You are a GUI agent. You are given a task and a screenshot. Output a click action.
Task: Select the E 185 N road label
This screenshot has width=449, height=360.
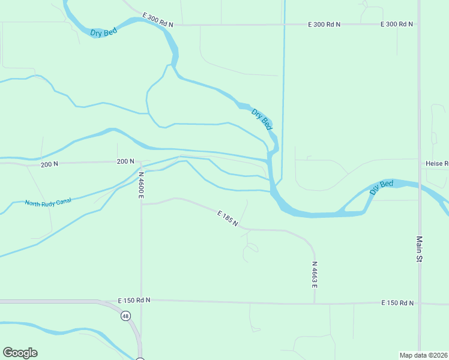228,218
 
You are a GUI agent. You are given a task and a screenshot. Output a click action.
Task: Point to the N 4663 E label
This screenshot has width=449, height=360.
314,274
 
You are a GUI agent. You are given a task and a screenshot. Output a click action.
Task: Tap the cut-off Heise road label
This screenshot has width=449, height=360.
437,163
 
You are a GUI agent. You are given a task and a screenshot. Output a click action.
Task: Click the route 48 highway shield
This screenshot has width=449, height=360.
125,316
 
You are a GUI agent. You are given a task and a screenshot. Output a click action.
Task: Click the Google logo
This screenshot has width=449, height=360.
20,353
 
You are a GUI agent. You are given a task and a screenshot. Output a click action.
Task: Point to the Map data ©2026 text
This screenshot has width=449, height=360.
423,355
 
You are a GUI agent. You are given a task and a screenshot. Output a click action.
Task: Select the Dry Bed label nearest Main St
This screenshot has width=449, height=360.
382,187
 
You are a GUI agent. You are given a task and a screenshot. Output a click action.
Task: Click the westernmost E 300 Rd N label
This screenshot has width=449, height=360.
158,19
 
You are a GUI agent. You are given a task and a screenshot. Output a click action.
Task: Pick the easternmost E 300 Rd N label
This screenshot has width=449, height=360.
397,25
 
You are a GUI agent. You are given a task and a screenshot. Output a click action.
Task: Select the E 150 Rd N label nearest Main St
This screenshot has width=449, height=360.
397,303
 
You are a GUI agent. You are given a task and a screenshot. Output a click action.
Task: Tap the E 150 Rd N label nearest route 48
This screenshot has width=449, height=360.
134,300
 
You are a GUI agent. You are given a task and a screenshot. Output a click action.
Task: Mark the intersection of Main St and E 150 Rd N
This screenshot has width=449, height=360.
420,304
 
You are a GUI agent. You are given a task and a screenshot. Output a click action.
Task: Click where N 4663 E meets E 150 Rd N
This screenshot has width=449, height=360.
314,303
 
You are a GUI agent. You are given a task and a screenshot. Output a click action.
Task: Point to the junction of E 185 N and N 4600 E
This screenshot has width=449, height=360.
142,204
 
